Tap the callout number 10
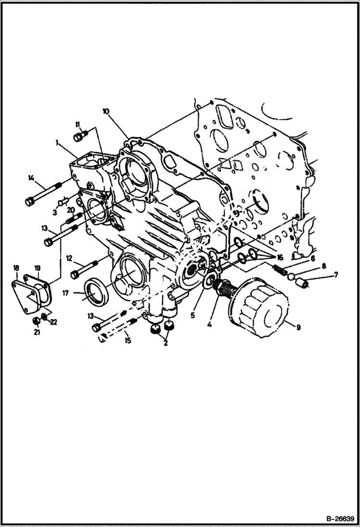coord(106,111)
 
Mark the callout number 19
coord(37,268)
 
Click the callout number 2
coord(165,343)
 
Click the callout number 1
coord(57,142)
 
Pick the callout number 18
coord(16,268)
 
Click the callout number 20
coord(70,210)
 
